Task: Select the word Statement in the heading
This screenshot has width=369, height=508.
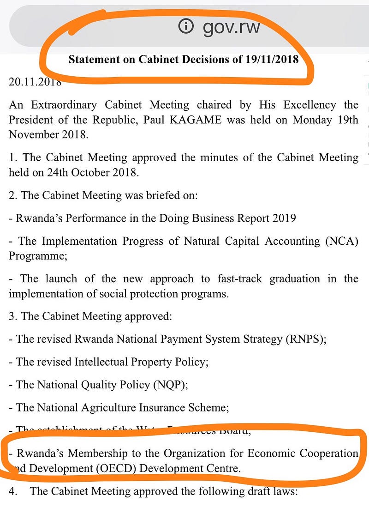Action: coord(91,59)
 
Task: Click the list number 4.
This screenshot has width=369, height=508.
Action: coord(13,491)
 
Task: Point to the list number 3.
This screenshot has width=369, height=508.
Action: coord(12,316)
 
